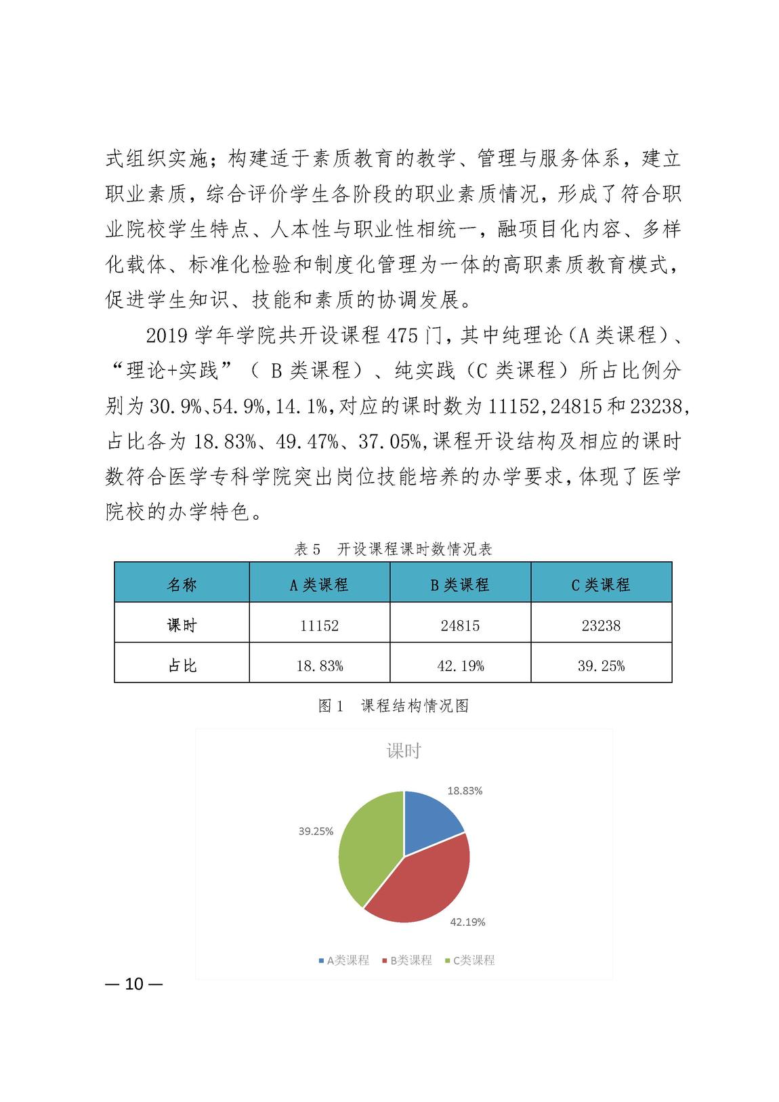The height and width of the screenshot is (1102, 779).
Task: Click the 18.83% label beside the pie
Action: coord(465,791)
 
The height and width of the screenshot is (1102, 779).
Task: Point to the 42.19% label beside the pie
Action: coord(467,922)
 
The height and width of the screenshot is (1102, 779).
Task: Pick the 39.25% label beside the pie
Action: coord(316,832)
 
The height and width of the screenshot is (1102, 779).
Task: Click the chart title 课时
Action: coord(404,751)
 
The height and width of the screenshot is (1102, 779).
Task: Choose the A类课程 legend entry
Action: coord(344,960)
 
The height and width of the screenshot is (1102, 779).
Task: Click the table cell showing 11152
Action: coord(319,626)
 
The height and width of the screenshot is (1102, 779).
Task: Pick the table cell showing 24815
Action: coord(460,626)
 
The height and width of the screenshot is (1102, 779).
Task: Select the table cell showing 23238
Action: coord(601,626)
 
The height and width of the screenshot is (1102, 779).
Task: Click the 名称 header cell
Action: coord(182,585)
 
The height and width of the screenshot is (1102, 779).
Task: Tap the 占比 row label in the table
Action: coord(182,666)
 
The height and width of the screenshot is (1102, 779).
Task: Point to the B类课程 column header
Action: coord(460,585)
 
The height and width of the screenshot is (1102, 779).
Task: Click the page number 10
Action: coord(134,984)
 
